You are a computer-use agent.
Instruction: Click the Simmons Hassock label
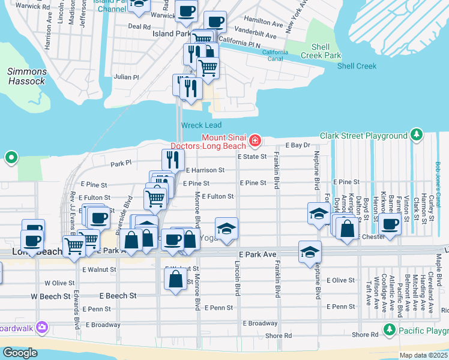[x=26, y=76]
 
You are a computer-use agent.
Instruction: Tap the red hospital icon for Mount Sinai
[x=255, y=140]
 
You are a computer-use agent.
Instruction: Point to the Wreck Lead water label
[x=201, y=125]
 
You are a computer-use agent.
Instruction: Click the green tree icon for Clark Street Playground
[x=415, y=136]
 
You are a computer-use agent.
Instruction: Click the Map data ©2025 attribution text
[x=423, y=355]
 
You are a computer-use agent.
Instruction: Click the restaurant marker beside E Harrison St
[x=173, y=159]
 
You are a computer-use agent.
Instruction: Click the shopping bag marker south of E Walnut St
[x=175, y=279]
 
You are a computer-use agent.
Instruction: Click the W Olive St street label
[x=59, y=283]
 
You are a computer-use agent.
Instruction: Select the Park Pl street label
[x=121, y=163]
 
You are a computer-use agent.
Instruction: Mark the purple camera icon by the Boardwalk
[x=42, y=327]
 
